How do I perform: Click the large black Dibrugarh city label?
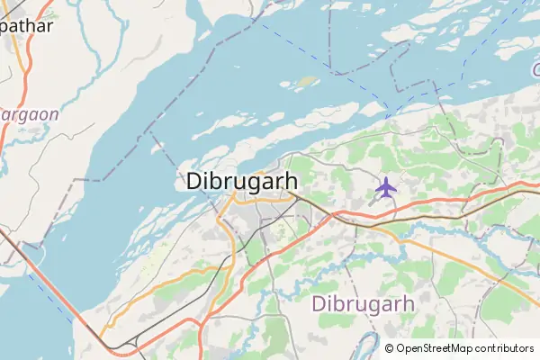click(x=242, y=180)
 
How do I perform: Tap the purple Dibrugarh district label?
click(x=364, y=303)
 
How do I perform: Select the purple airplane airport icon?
click(x=386, y=187)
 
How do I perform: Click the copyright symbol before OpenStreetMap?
click(x=390, y=347)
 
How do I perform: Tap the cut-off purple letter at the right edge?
click(x=535, y=70)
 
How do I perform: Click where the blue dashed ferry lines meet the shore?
click(x=388, y=116)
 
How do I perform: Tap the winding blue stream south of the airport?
click(x=423, y=239)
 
